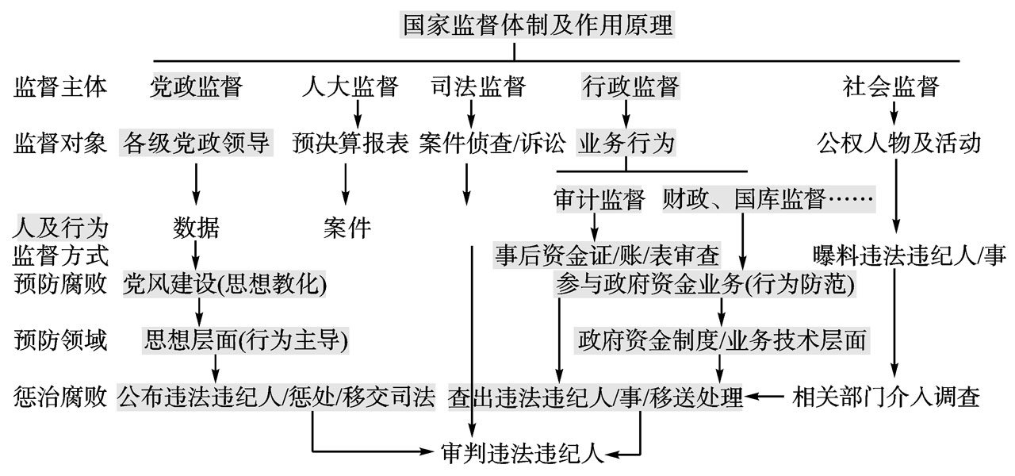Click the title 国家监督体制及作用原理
(x=537, y=25)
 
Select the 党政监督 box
(x=196, y=86)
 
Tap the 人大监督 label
(x=350, y=86)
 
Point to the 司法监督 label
(x=478, y=86)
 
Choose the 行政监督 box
(x=630, y=86)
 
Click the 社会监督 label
(x=891, y=86)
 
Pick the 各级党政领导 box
(x=196, y=143)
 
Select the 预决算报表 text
(x=350, y=144)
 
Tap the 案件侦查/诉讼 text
(x=492, y=144)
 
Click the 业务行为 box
(x=626, y=143)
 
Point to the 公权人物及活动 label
(x=899, y=144)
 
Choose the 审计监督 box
(x=599, y=199)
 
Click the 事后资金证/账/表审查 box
(x=607, y=255)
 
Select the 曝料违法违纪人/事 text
(x=910, y=255)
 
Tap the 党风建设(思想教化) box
(x=224, y=284)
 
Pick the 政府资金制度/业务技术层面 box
(x=722, y=340)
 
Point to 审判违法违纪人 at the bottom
(x=523, y=453)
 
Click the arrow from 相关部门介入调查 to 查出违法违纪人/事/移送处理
(x=764, y=397)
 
